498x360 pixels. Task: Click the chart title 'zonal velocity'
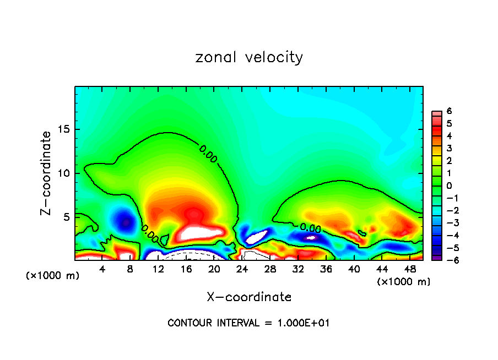[249, 57]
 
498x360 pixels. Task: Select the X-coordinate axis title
[249, 297]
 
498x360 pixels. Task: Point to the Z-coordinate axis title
[47, 173]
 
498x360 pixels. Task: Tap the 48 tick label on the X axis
[410, 269]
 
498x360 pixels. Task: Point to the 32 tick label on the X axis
[298, 269]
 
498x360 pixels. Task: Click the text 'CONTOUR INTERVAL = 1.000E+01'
[248, 323]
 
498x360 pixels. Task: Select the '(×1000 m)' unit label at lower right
[404, 282]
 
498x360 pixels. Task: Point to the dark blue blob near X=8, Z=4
[126, 222]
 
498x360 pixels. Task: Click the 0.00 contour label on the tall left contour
[208, 154]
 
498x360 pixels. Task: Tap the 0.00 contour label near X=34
[310, 227]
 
